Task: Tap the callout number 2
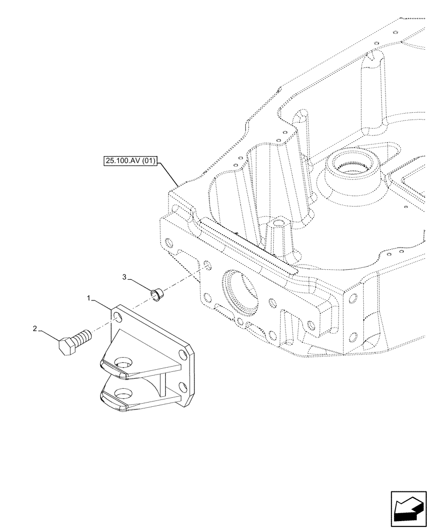pos(35,329)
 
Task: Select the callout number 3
pos(124,277)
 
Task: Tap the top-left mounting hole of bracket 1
pos(118,315)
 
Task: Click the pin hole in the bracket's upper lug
pos(122,364)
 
